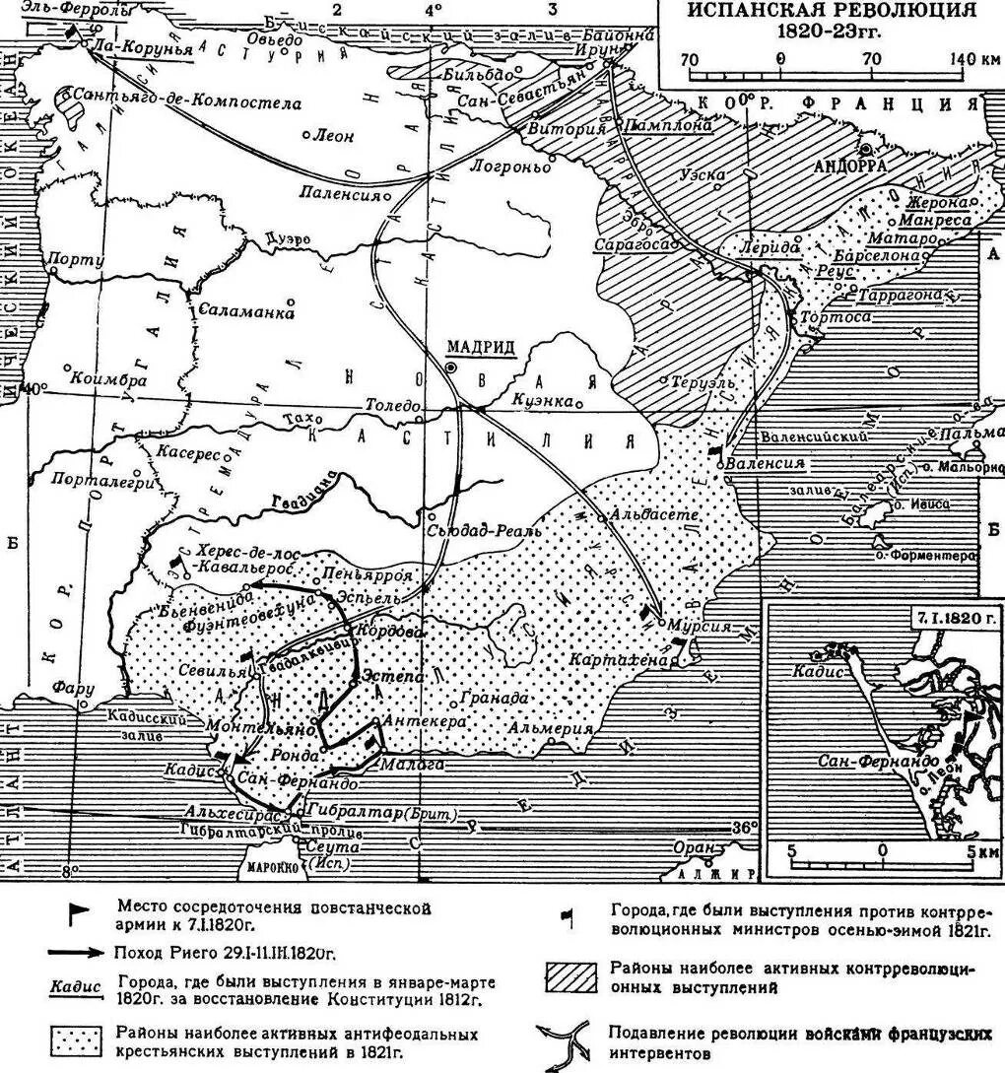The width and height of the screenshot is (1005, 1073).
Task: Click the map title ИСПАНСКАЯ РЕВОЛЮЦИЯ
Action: pos(832,11)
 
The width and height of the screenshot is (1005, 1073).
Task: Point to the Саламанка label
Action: pos(246,311)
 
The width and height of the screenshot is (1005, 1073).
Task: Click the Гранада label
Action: pos(486,697)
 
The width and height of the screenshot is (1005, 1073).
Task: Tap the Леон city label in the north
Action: pos(332,137)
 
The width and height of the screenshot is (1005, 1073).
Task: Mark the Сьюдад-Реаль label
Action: pos(485,529)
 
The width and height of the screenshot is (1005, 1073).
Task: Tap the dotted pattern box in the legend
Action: pos(75,1040)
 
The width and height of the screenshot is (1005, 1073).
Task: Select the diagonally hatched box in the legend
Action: pos(570,977)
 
